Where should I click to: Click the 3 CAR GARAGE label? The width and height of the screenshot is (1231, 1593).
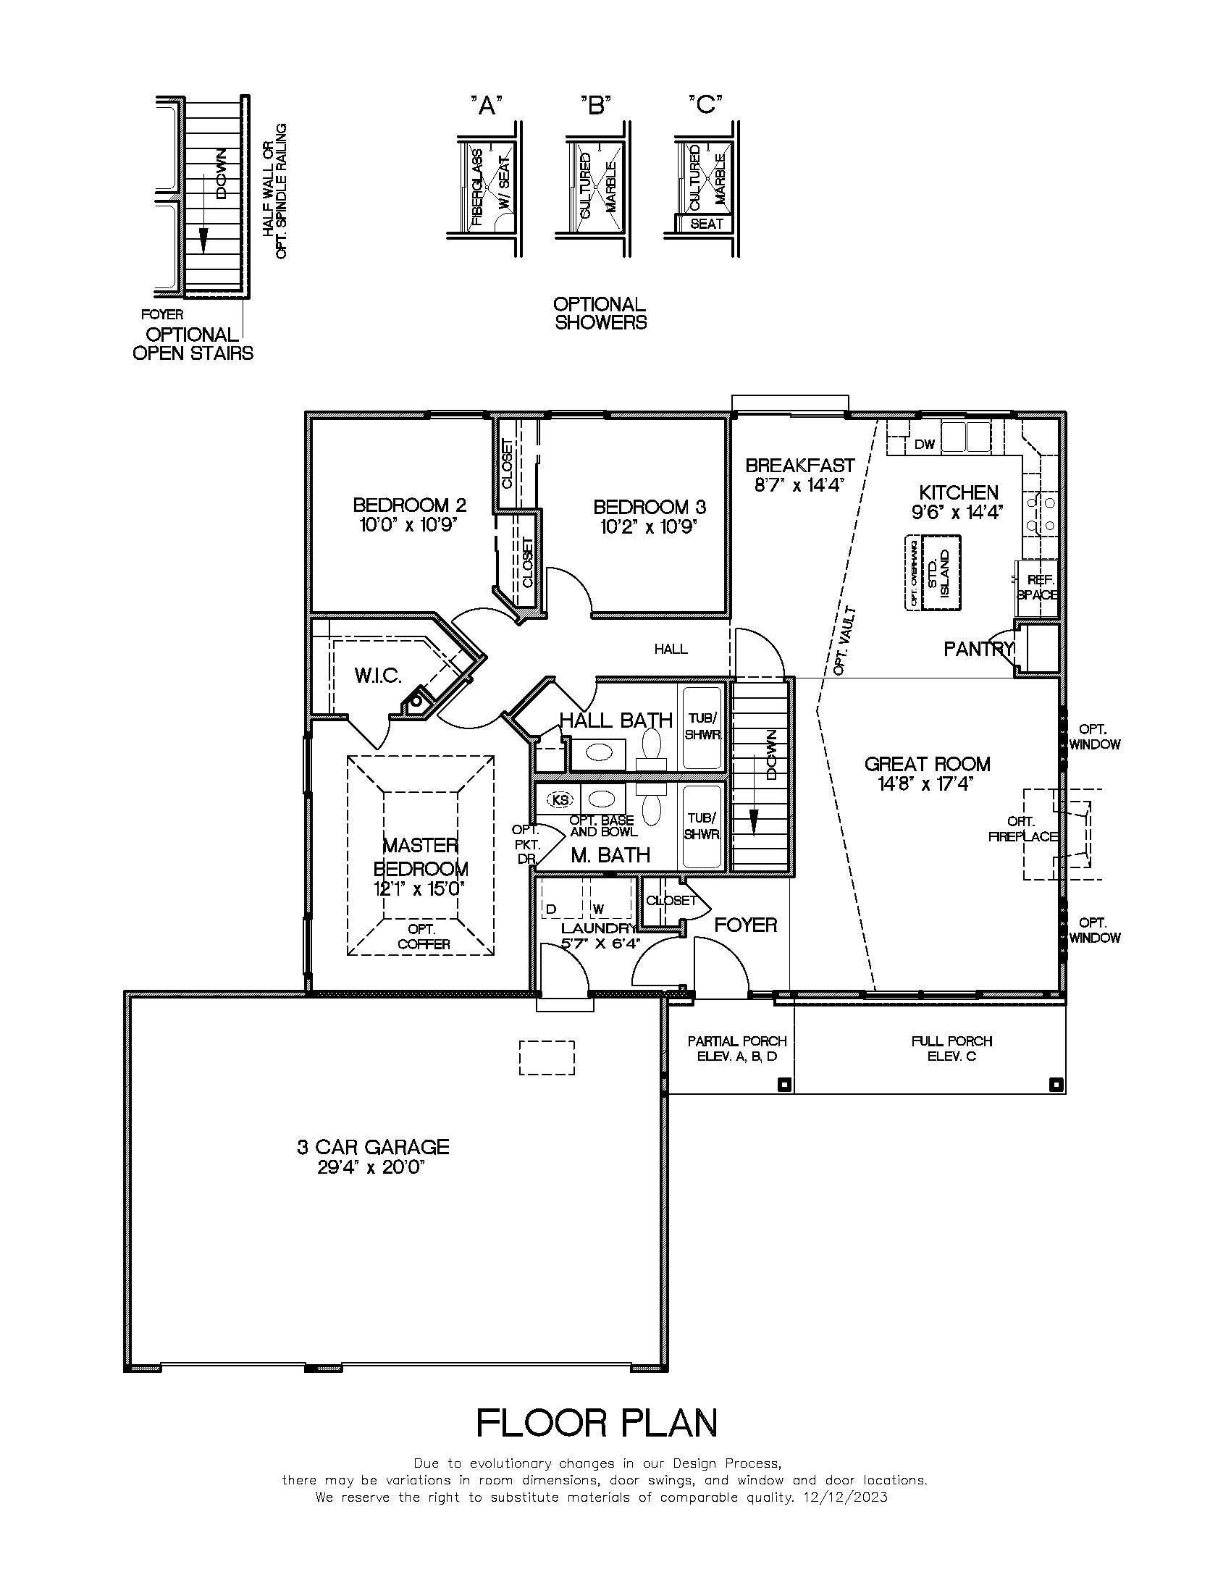pyautogui.click(x=373, y=1147)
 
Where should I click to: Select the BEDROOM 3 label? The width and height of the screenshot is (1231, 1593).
pyautogui.click(x=649, y=506)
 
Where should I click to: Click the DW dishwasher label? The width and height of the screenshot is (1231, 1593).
pyautogui.click(x=924, y=444)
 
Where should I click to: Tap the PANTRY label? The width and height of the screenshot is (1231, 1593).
pyautogui.click(x=978, y=649)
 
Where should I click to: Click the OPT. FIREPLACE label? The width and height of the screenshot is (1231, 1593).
pyautogui.click(x=1022, y=828)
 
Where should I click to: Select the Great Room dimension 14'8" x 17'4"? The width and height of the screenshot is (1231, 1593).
pyautogui.click(x=927, y=784)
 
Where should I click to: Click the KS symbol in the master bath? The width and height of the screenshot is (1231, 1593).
pyautogui.click(x=560, y=800)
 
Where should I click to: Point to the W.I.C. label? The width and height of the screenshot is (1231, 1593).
pyautogui.click(x=378, y=676)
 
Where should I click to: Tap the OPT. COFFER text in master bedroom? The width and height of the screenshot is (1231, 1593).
pyautogui.click(x=422, y=936)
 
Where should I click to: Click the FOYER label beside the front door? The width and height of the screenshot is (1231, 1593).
pyautogui.click(x=745, y=925)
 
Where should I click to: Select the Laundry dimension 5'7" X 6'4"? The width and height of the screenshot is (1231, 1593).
pyautogui.click(x=600, y=943)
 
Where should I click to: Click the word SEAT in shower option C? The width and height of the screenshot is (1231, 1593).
pyautogui.click(x=705, y=224)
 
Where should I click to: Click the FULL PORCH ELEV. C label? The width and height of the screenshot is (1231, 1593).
pyautogui.click(x=951, y=1048)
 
